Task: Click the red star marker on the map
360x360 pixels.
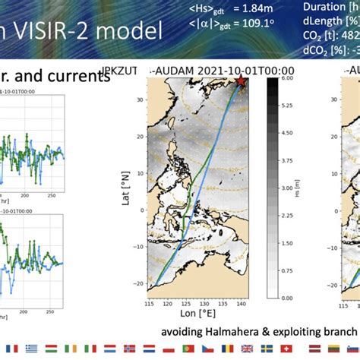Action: (241, 81)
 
